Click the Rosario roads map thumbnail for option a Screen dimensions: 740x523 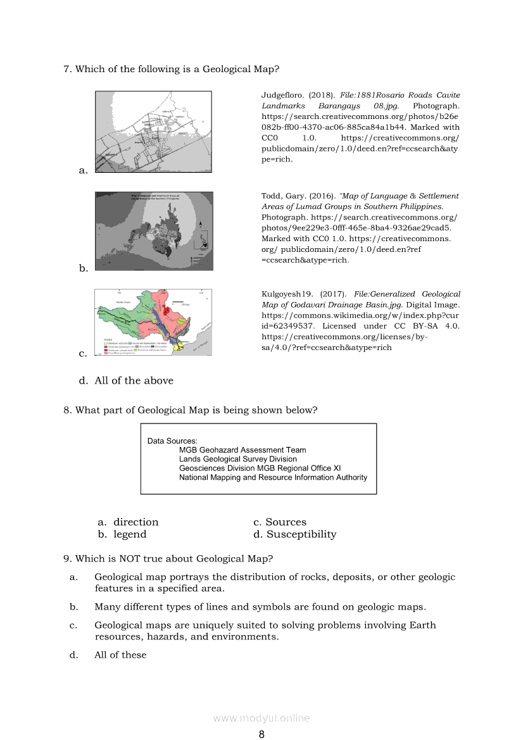[153, 132]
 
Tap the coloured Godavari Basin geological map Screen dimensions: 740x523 [153, 322]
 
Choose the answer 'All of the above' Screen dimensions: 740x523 [134, 380]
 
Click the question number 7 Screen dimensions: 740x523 [67, 69]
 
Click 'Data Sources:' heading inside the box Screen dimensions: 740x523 [172, 441]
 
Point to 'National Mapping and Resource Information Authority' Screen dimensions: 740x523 [273, 477]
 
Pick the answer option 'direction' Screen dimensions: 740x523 [135, 522]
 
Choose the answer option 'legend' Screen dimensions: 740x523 [130, 534]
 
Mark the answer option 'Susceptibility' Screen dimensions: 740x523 [301, 534]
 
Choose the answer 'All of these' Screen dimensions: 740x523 [120, 655]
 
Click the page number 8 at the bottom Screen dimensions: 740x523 [261, 734]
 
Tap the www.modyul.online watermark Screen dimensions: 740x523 [261, 718]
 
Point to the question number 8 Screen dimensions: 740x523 [67, 410]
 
